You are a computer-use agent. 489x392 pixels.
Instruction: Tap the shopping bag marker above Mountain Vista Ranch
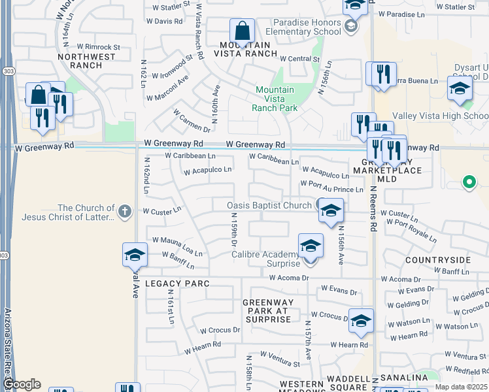tap(242, 31)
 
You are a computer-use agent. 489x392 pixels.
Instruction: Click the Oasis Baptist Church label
tap(269, 205)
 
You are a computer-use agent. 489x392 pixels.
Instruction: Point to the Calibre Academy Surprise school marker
tap(311, 247)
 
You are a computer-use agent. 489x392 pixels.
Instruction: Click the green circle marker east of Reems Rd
tap(468, 182)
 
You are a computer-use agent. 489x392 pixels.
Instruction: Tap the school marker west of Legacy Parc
tap(135, 255)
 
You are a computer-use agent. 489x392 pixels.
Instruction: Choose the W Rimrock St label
tap(99, 47)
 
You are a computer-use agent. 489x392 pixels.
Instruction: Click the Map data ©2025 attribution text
tap(461, 387)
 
